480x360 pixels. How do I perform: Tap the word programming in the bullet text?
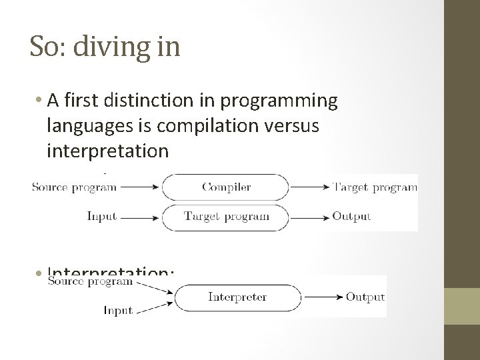click(286, 101)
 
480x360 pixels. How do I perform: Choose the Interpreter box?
click(237, 297)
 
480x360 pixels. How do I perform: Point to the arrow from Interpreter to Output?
click(322, 297)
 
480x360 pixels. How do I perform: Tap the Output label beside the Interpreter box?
click(365, 297)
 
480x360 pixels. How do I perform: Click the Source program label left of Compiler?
click(74, 187)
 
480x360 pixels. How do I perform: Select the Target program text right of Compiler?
click(374, 187)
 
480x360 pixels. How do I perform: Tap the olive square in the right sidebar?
click(462, 306)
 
